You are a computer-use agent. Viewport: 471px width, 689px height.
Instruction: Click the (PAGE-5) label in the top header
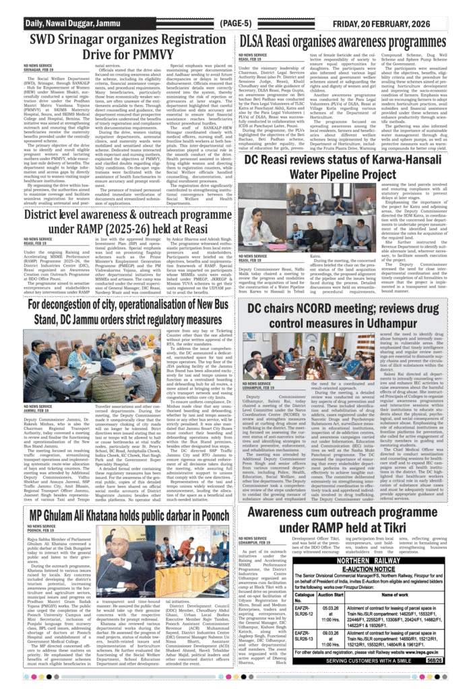[235, 24]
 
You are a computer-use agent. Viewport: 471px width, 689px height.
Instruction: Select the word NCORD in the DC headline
[322, 309]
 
